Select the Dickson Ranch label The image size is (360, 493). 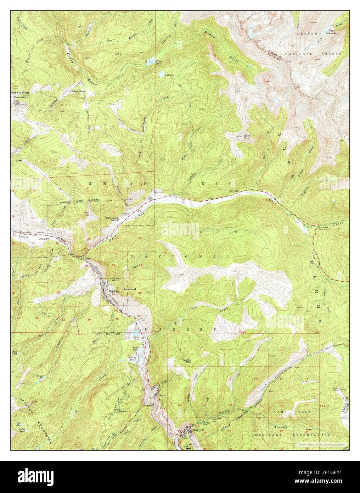coord(78,91)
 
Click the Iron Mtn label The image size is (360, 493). coord(187,445)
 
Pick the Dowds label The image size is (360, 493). coord(89,258)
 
